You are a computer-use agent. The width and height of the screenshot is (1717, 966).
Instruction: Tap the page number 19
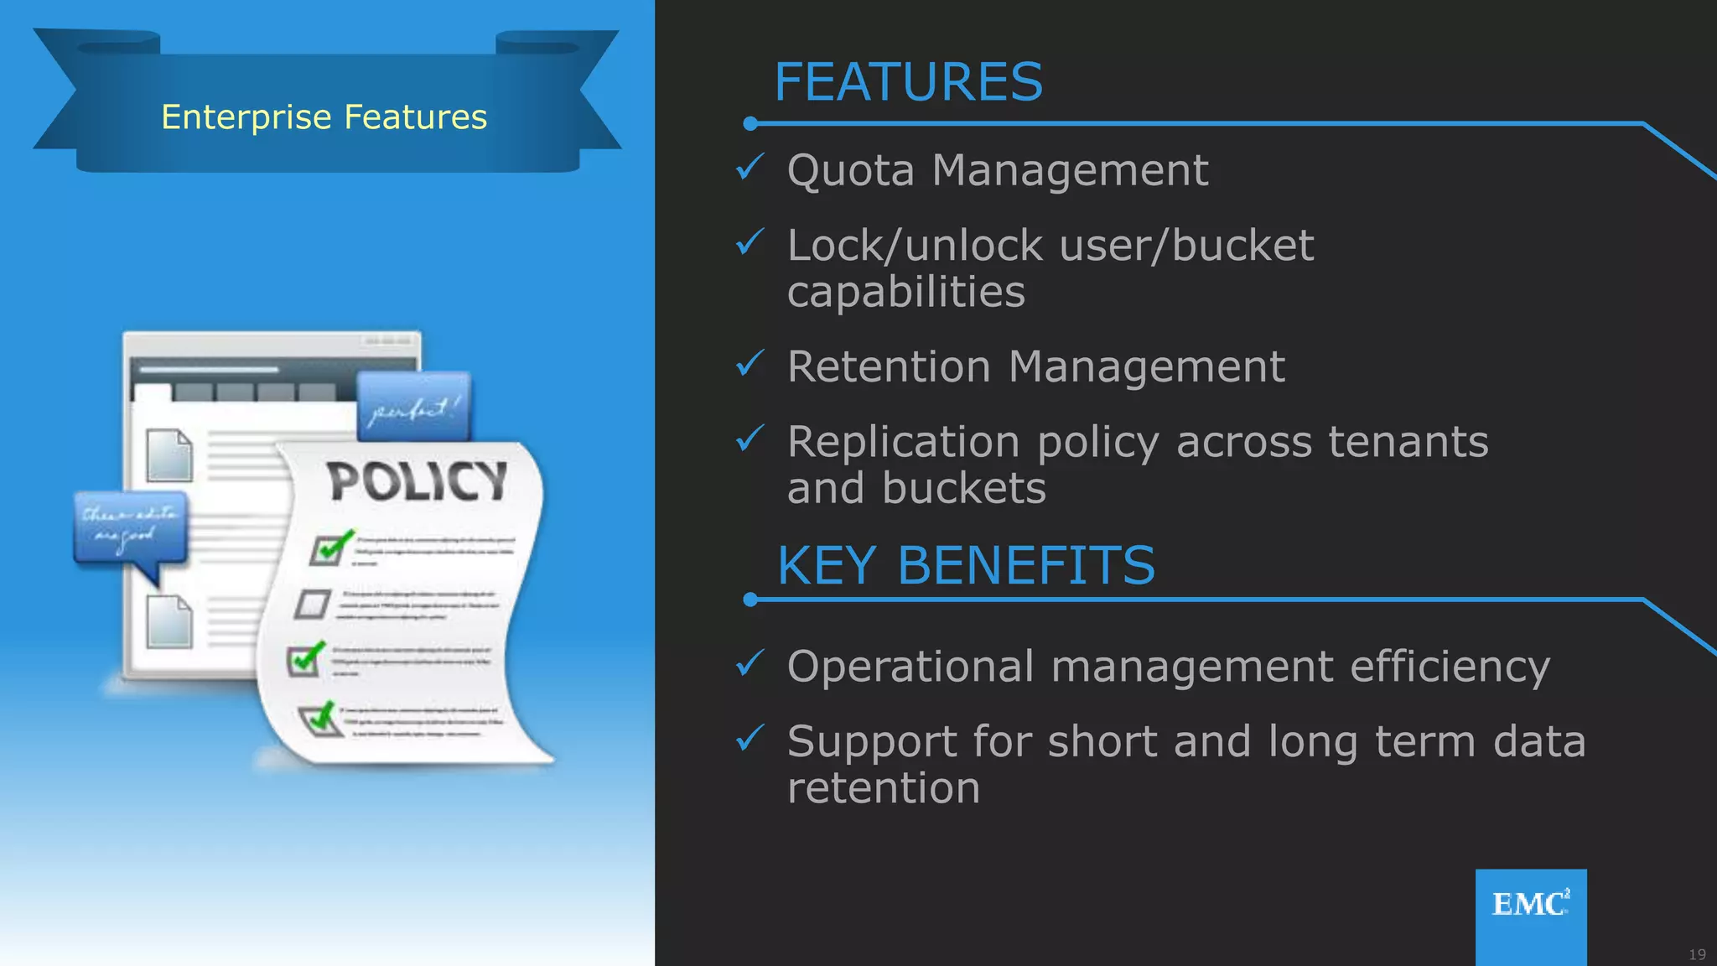(1697, 954)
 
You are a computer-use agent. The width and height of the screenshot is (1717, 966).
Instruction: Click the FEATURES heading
(908, 82)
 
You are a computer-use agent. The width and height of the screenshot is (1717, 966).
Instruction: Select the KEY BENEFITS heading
(966, 565)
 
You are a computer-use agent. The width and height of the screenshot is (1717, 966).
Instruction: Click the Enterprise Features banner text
(324, 117)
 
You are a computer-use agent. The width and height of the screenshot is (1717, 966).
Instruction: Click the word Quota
(850, 170)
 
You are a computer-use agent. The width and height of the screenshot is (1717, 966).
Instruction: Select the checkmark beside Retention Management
(749, 363)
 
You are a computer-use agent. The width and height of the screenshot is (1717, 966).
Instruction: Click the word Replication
(903, 442)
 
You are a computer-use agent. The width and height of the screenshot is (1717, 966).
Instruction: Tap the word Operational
(910, 667)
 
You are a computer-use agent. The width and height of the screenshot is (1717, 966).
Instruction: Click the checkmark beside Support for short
(749, 738)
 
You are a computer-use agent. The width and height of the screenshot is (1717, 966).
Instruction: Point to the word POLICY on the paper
(417, 481)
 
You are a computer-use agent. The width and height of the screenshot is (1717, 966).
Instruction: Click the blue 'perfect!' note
(414, 407)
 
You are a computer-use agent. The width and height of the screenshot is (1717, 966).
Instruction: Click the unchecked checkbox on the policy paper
(313, 604)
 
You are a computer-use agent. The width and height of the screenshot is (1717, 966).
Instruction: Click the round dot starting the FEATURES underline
(750, 124)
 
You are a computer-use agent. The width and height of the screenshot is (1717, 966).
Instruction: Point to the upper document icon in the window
(169, 455)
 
